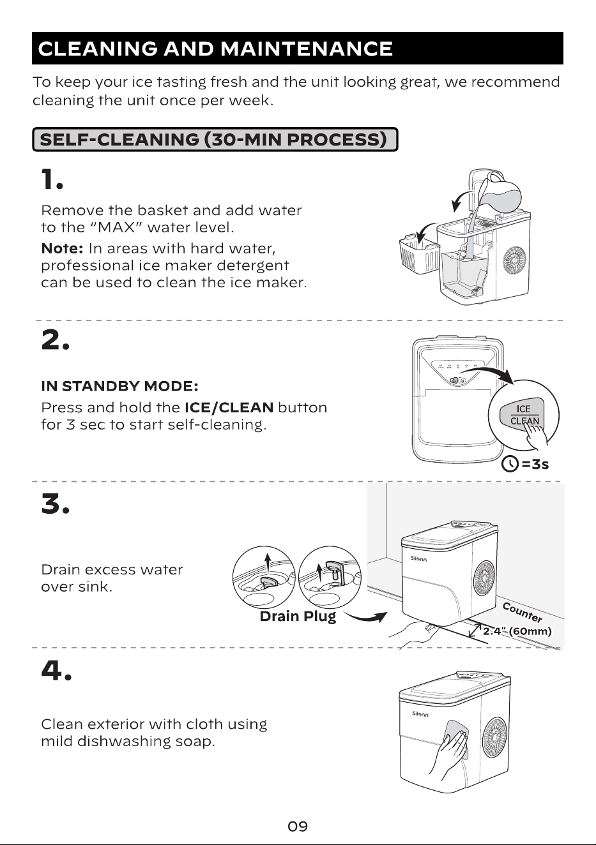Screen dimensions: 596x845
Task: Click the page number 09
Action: point(298,826)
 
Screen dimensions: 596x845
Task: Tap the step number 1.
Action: point(52,179)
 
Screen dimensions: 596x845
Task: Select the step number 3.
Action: point(55,504)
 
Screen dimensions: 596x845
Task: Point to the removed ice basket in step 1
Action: point(419,253)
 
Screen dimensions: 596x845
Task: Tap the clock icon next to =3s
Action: point(510,463)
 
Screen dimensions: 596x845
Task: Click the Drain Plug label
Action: point(298,617)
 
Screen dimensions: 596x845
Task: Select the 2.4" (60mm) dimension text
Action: point(517,631)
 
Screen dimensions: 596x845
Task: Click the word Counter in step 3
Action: point(523,613)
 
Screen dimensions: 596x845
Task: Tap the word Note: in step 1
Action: point(62,249)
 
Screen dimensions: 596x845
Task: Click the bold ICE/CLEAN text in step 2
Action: point(229,407)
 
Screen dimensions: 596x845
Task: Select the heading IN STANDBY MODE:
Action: point(119,386)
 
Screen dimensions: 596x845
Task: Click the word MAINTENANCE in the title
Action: point(307,49)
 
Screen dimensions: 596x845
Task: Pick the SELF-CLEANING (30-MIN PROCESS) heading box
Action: point(215,140)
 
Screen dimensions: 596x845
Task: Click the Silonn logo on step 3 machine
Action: point(418,558)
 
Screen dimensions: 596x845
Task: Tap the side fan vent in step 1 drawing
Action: point(514,260)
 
